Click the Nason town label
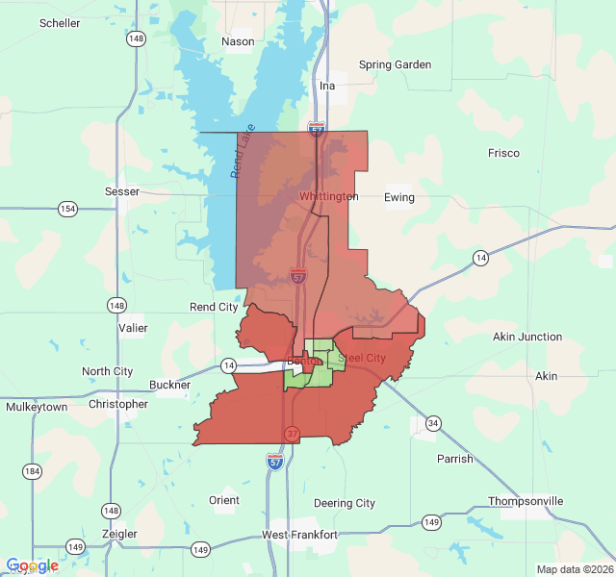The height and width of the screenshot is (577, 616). (238, 41)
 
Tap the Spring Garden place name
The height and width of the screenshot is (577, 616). (395, 65)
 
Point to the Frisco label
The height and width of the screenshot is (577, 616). (503, 153)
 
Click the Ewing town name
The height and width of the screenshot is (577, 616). (398, 198)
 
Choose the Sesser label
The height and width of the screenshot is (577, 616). (122, 191)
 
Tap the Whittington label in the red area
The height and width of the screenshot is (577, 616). (328, 196)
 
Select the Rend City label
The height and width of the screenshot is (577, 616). (214, 308)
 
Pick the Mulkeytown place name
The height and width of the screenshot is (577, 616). (37, 407)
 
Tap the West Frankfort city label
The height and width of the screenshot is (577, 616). (299, 534)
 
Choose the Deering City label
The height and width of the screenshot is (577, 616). (345, 503)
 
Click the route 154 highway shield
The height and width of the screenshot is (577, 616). (67, 209)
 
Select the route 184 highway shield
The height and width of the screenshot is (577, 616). (33, 470)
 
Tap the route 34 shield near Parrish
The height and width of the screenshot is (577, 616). (434, 423)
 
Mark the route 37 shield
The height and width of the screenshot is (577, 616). (291, 434)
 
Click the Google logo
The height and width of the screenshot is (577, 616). (32, 565)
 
